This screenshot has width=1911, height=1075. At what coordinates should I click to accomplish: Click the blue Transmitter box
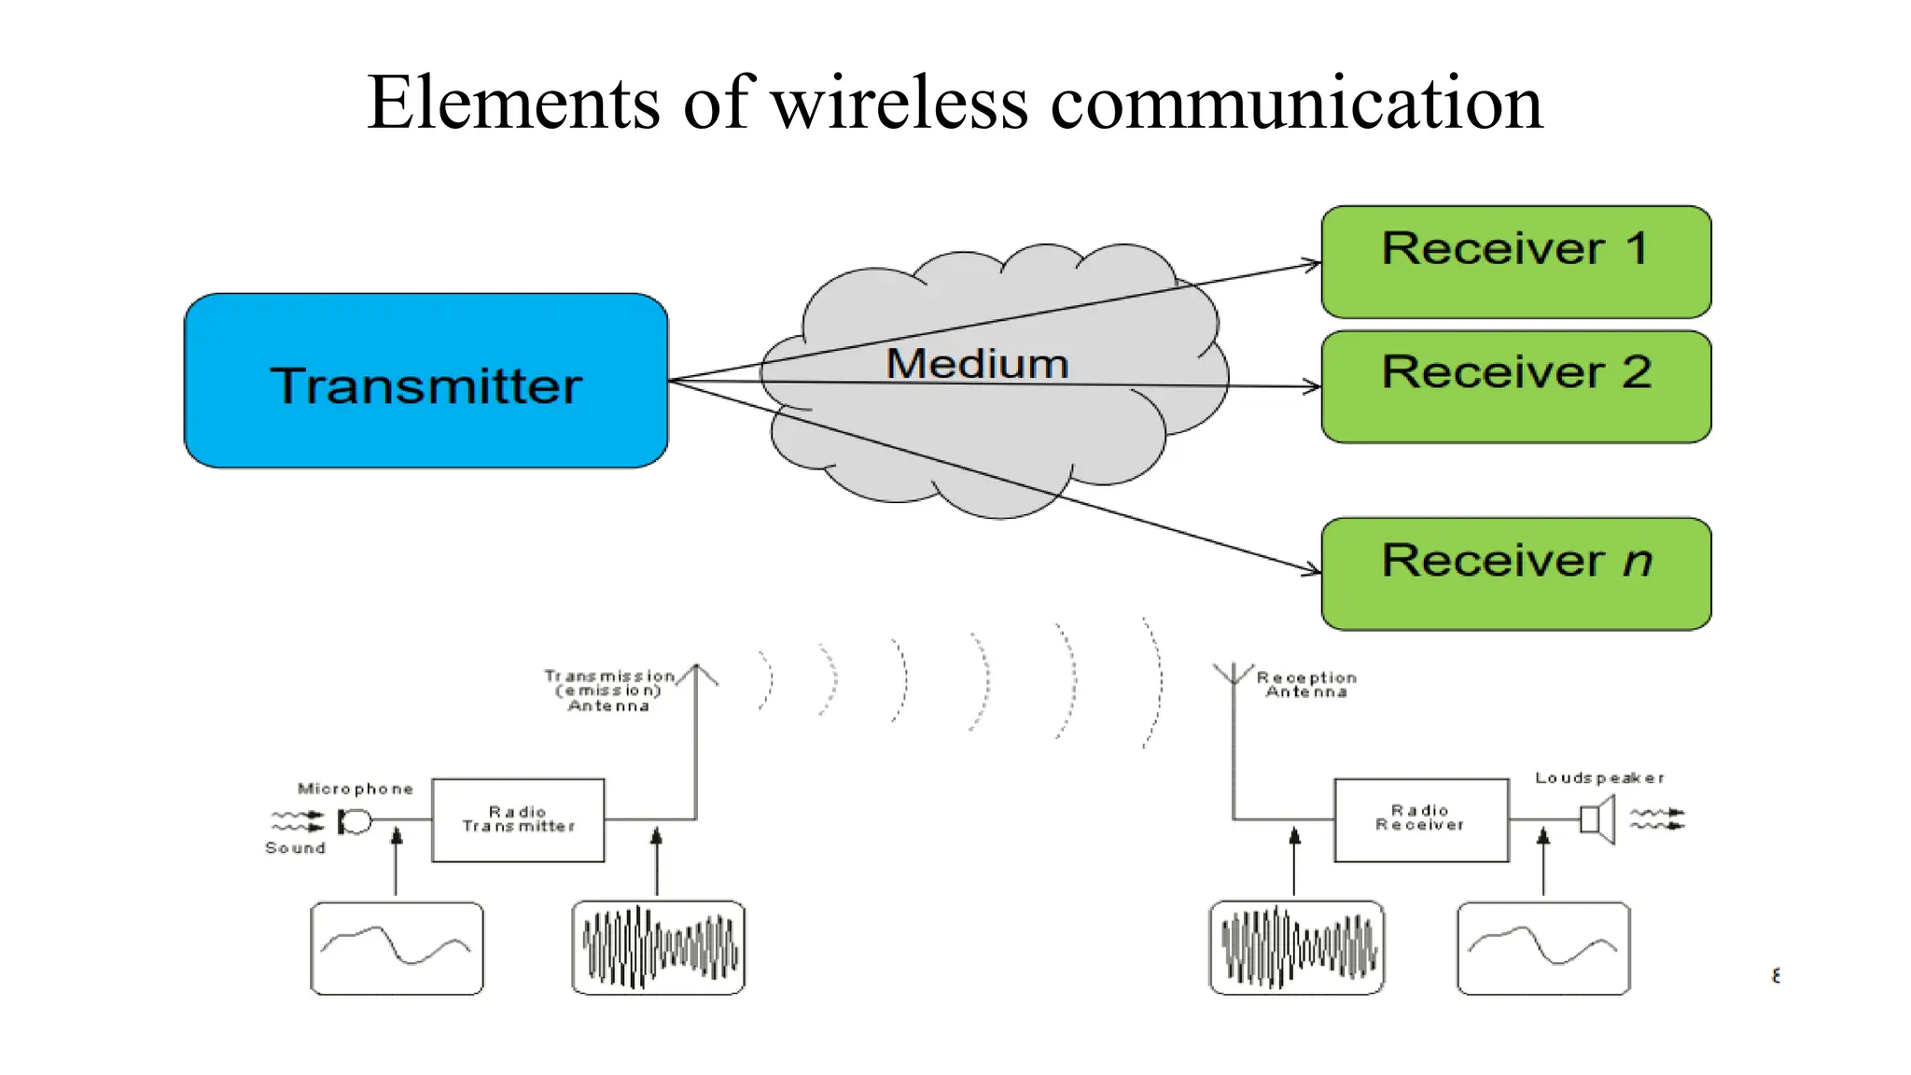pyautogui.click(x=425, y=381)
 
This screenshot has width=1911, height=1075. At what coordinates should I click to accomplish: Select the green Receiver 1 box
pyautogui.click(x=1515, y=262)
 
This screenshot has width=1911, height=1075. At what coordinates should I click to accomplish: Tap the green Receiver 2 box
pyautogui.click(x=1515, y=386)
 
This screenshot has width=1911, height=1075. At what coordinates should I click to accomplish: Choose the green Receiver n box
pyautogui.click(x=1515, y=574)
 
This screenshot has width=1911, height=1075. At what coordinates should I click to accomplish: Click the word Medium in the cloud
pyautogui.click(x=977, y=364)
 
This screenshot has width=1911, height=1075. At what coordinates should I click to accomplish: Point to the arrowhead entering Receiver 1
pyautogui.click(x=1314, y=265)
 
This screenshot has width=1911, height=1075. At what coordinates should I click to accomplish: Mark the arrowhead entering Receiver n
pyautogui.click(x=1313, y=569)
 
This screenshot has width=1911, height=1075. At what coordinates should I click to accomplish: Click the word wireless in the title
pyautogui.click(x=900, y=103)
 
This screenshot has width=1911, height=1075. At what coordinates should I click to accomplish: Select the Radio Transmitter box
pyautogui.click(x=518, y=819)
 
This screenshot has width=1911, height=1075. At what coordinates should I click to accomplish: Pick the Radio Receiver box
pyautogui.click(x=1420, y=819)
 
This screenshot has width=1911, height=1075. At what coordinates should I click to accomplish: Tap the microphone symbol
pyautogui.click(x=356, y=821)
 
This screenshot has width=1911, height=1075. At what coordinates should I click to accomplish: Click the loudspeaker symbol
pyautogui.click(x=1597, y=820)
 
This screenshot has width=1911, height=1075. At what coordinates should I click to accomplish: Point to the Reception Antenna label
pyautogui.click(x=1306, y=684)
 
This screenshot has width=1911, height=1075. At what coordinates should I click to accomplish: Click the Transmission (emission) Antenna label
pyautogui.click(x=609, y=691)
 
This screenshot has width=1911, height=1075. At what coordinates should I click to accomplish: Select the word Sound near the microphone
pyautogui.click(x=295, y=847)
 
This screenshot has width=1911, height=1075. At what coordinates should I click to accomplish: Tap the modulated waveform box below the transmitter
pyautogui.click(x=658, y=947)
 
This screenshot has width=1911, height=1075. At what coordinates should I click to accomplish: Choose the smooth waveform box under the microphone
pyautogui.click(x=397, y=947)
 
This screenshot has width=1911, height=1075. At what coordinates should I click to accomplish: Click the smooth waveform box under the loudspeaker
pyautogui.click(x=1543, y=947)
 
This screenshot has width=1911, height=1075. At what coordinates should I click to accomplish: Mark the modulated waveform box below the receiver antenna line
pyautogui.click(x=1296, y=947)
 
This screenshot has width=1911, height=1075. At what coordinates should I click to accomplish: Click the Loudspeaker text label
pyautogui.click(x=1598, y=777)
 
